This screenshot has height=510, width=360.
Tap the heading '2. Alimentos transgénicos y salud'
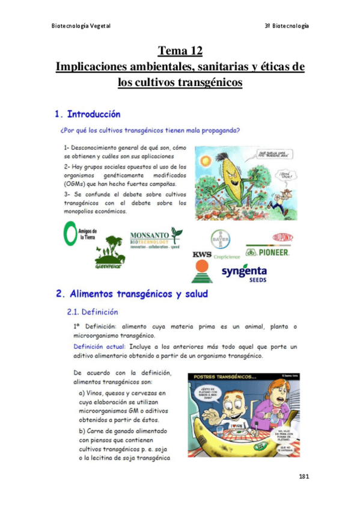click(132, 294)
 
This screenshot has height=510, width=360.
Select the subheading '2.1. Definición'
click(92, 312)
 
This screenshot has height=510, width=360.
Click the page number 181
click(303, 476)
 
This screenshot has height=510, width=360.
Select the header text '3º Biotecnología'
click(287, 26)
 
